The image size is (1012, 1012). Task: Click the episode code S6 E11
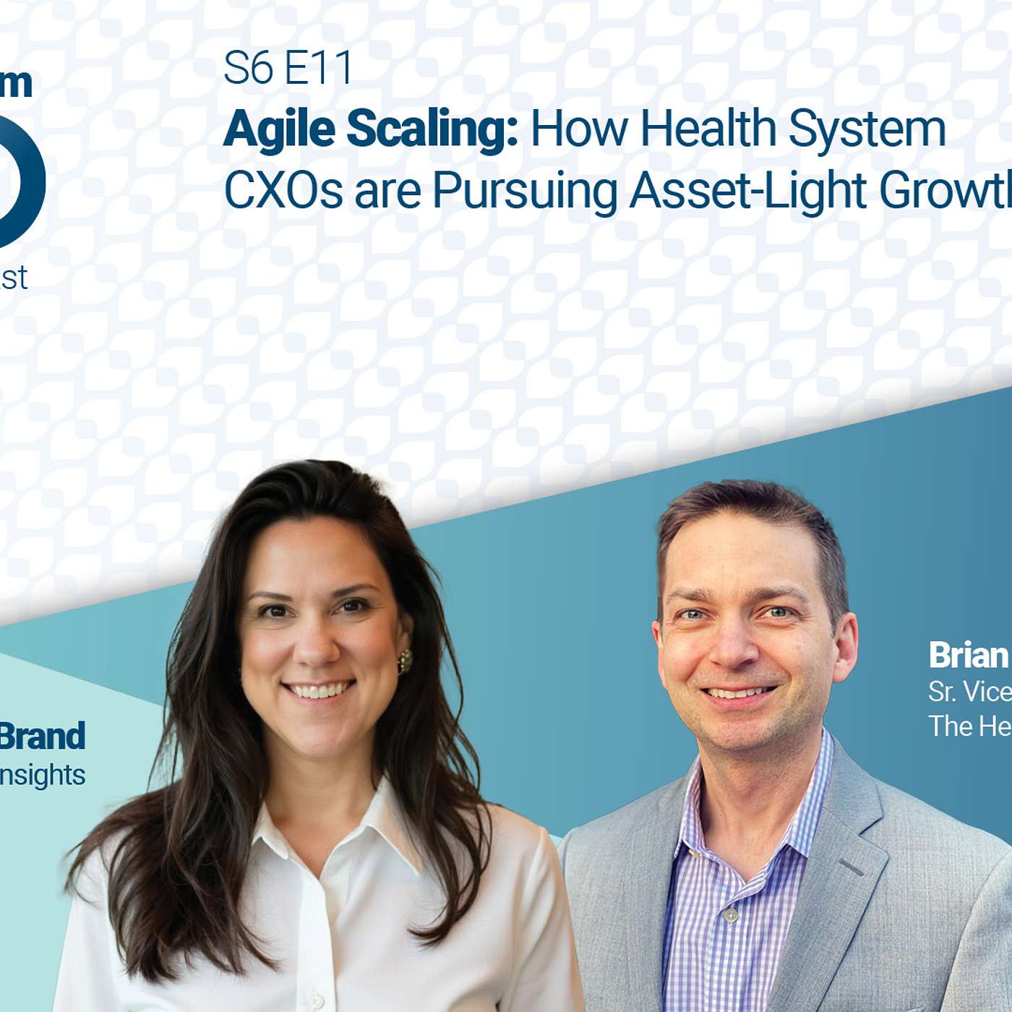[288, 69]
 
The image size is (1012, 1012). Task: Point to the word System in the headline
[867, 131]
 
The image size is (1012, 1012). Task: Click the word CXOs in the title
[283, 191]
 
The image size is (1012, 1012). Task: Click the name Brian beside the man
[968, 656]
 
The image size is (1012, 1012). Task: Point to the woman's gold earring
[405, 661]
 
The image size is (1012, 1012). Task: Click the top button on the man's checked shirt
[731, 915]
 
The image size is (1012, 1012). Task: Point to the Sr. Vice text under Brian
[969, 692]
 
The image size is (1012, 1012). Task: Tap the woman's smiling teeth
[318, 690]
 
